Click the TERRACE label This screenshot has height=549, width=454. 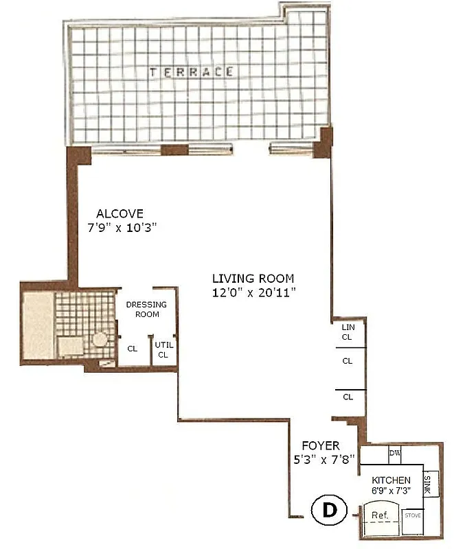point(192,71)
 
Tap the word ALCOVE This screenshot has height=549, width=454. point(120,213)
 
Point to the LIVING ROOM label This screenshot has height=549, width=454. point(253,279)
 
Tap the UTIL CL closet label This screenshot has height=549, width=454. point(163,350)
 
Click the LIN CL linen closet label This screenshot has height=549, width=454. point(348,333)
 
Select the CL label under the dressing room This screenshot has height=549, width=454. point(133,349)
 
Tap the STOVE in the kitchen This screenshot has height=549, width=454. point(412,515)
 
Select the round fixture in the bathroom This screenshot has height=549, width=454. point(100,339)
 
